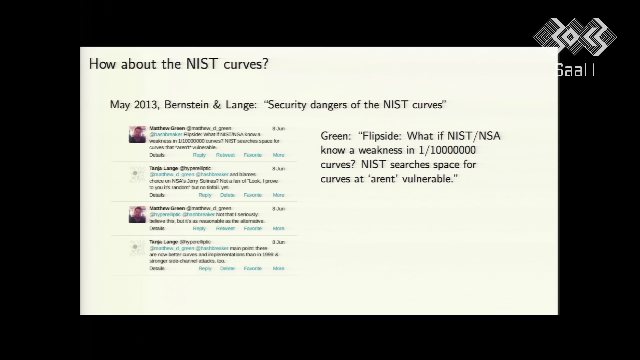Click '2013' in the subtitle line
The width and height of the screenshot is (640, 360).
(145, 105)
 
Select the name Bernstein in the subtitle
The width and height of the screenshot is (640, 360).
(186, 105)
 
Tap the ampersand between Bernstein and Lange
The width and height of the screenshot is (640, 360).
(217, 105)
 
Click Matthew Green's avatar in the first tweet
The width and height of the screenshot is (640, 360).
(137, 134)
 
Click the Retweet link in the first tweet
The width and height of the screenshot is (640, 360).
(225, 155)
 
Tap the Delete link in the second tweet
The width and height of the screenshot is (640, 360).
(227, 195)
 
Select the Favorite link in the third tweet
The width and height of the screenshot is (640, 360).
(253, 228)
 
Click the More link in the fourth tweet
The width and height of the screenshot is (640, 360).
(279, 268)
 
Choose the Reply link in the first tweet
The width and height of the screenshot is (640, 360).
(199, 155)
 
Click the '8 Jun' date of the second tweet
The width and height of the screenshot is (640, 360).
(278, 169)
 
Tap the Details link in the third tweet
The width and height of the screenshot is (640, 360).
(157, 228)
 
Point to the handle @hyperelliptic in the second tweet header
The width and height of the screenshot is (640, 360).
(195, 168)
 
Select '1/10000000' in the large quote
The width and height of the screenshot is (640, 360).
(447, 150)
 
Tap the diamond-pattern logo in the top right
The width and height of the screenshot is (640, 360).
(575, 37)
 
